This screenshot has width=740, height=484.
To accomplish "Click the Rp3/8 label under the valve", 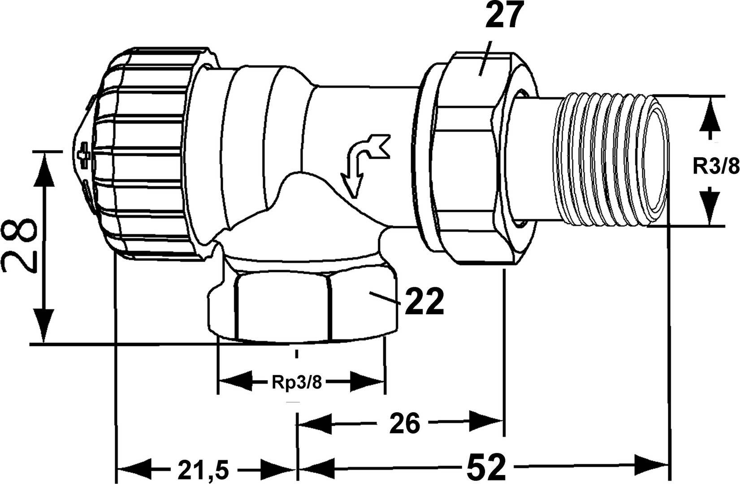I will click(x=296, y=384).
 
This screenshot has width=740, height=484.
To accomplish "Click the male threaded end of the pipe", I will click(x=612, y=159).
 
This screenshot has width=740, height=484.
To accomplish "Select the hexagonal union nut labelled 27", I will click(x=475, y=157).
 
